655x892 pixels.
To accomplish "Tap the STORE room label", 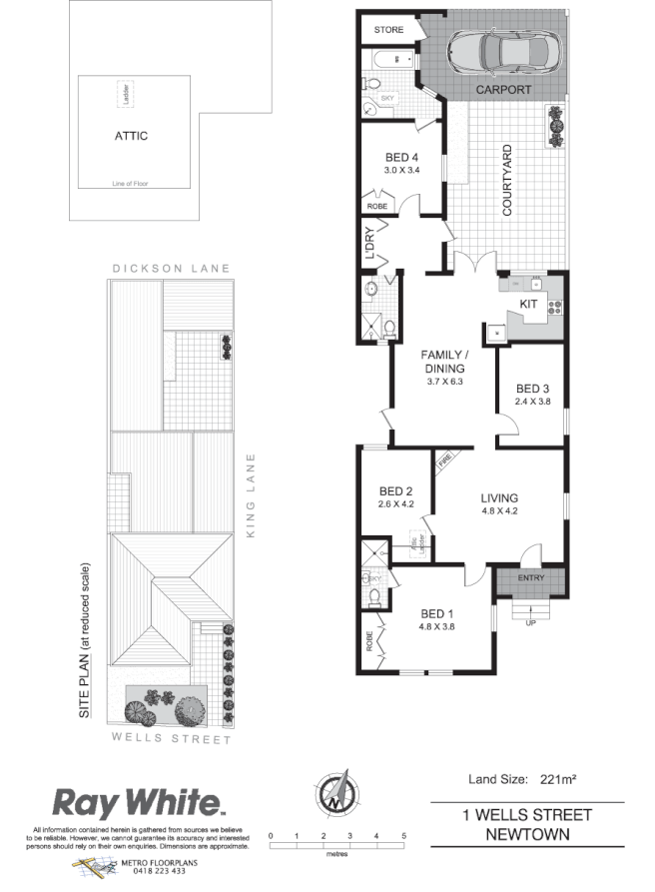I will pyautogui.click(x=389, y=30).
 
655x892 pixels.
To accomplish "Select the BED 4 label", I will pyautogui.click(x=403, y=157).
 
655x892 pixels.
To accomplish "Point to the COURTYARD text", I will pyautogui.click(x=507, y=182).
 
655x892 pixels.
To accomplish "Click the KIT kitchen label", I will pyautogui.click(x=529, y=303).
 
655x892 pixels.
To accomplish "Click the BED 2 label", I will pyautogui.click(x=396, y=491).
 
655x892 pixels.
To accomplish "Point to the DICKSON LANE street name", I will pyautogui.click(x=171, y=269).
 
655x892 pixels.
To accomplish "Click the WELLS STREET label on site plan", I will pyautogui.click(x=171, y=741).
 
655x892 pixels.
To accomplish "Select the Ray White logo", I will pyautogui.click(x=138, y=802).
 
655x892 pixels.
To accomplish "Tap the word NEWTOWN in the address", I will pyautogui.click(x=527, y=833).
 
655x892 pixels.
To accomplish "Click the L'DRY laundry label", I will pyautogui.click(x=368, y=246).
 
